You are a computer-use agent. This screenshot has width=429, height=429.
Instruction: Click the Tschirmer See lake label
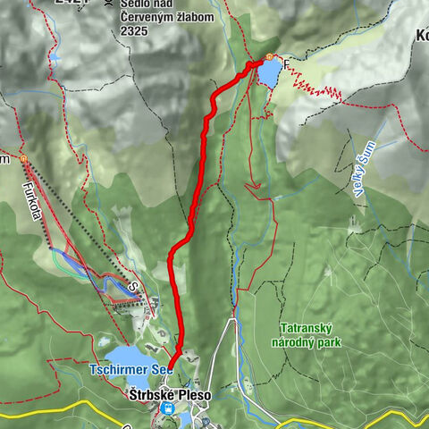130,368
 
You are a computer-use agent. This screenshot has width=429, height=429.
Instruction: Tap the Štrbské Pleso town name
160,391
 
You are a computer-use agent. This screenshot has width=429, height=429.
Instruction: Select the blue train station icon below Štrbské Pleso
165,408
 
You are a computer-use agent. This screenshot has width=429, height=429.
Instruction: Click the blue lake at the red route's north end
268,74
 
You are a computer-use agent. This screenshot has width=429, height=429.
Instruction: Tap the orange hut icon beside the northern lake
267,57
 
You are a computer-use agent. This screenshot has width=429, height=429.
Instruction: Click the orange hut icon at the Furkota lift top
24,159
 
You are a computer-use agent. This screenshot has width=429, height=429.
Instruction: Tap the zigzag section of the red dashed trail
317,89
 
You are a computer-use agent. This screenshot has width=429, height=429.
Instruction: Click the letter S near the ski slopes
130,287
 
